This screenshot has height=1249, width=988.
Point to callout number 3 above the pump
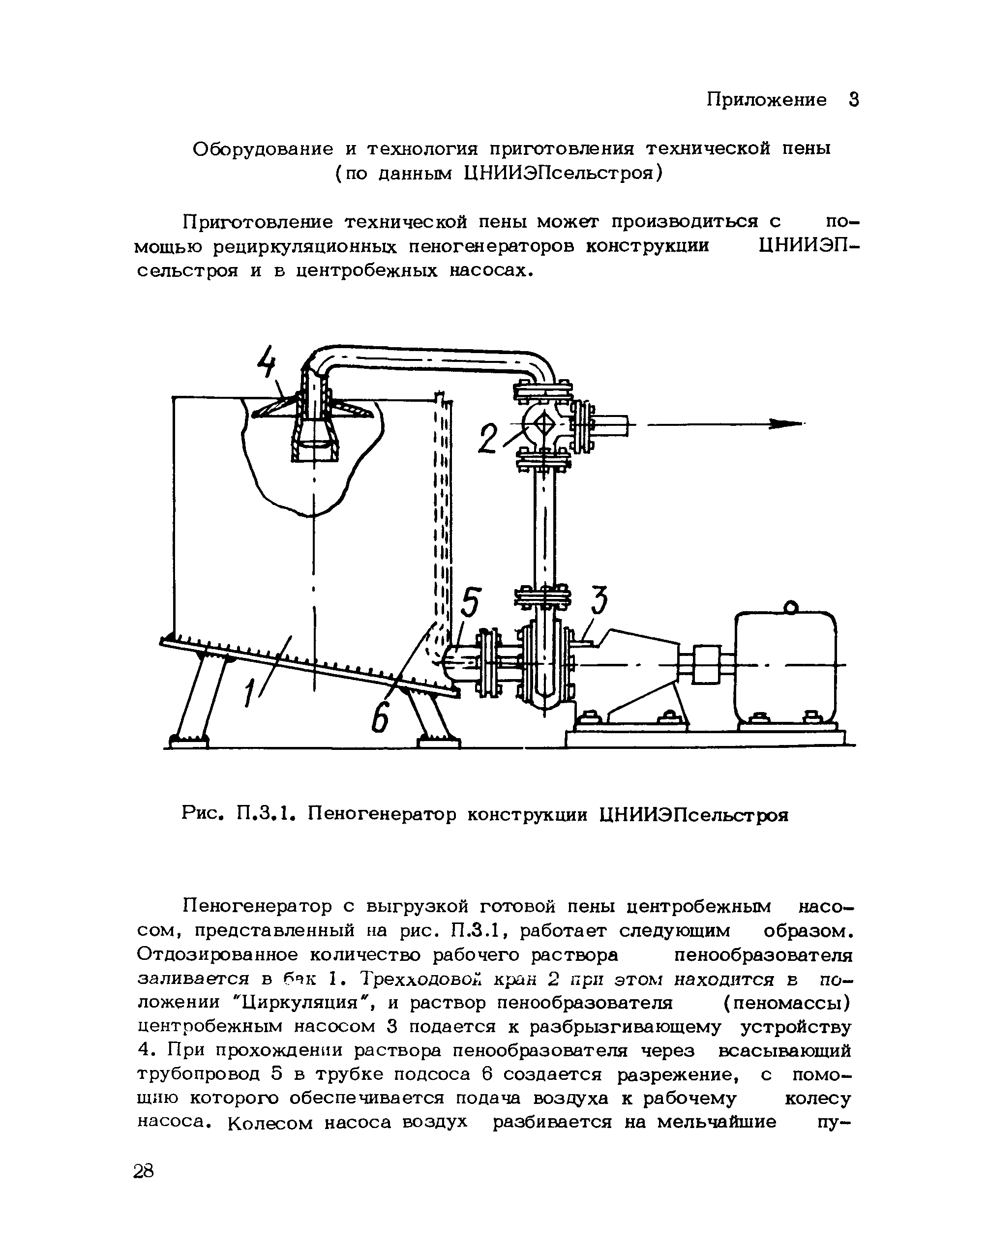pos(599,601)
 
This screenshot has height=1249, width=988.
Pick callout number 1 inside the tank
pos(250,691)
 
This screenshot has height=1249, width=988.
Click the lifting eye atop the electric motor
pos(790,607)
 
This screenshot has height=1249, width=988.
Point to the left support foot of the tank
pos(188,740)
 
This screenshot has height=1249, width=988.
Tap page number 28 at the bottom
pos(144,1171)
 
